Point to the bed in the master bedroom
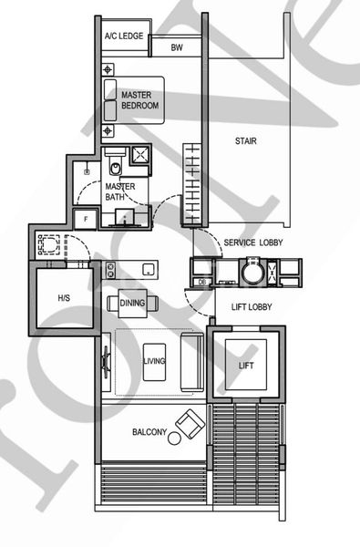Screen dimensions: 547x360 click(133, 99)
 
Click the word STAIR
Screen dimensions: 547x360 click(246, 141)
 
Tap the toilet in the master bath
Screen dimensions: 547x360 click(116, 165)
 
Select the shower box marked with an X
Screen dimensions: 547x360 click(141, 157)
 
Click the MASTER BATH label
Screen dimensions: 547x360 click(119, 191)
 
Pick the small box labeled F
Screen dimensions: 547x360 click(87, 219)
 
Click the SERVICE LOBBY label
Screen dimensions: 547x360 click(252, 242)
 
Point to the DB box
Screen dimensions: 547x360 click(202, 282)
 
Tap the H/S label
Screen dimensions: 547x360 click(64, 298)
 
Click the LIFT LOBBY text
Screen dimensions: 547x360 click(252, 308)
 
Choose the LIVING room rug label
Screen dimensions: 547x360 click(154, 362)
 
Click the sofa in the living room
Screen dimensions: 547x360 click(191, 362)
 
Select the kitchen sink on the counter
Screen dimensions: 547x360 click(148, 268)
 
